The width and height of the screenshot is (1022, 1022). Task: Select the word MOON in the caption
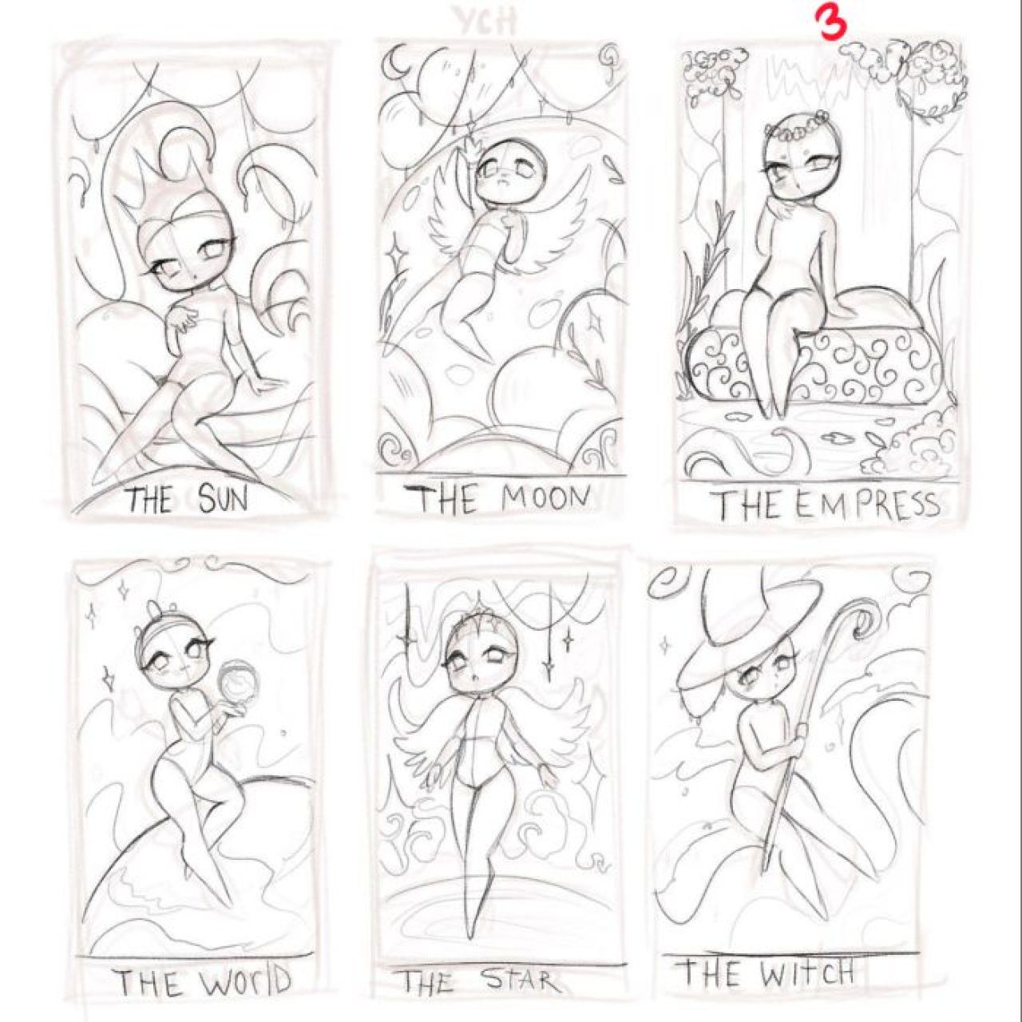click(x=546, y=498)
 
